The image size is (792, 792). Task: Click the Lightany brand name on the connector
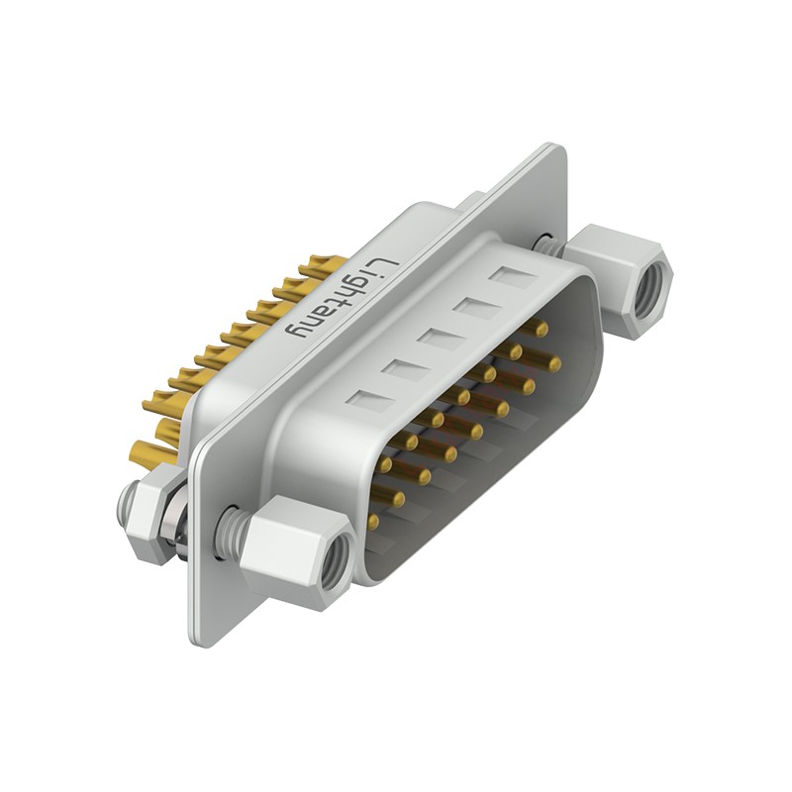click(343, 298)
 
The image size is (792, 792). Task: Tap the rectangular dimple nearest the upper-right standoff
click(513, 278)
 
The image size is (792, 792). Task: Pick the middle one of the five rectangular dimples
click(442, 339)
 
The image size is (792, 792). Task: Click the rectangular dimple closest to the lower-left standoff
click(369, 400)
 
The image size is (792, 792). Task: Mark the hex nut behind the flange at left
click(150, 514)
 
